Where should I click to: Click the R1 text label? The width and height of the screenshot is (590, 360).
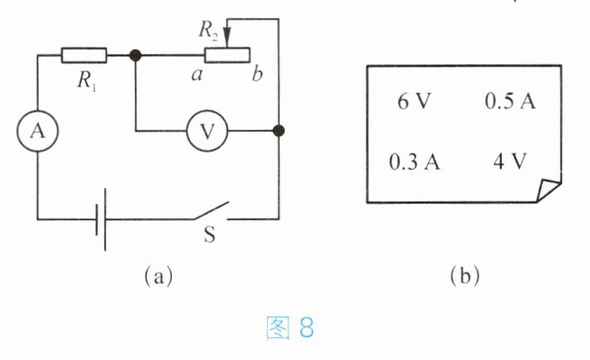point(87,81)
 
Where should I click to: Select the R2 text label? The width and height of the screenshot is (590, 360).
point(209,29)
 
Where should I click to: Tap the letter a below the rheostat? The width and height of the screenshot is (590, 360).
point(197,75)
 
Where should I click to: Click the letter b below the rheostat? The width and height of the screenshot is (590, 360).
point(257,73)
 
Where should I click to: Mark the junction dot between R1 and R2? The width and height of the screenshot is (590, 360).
point(135,56)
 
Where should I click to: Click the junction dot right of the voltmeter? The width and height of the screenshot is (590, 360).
point(278,131)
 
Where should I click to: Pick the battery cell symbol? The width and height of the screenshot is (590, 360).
point(101,220)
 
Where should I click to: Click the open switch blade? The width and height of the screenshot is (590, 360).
point(212,211)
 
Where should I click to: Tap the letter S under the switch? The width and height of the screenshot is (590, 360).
point(209,234)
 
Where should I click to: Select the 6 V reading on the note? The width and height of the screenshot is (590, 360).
point(414,101)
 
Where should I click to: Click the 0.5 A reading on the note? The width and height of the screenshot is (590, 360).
point(510,101)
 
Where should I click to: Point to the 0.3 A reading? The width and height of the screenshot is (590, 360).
point(414,162)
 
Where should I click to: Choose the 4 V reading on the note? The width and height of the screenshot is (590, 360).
point(510,162)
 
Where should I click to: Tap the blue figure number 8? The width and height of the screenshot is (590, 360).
point(307,327)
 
